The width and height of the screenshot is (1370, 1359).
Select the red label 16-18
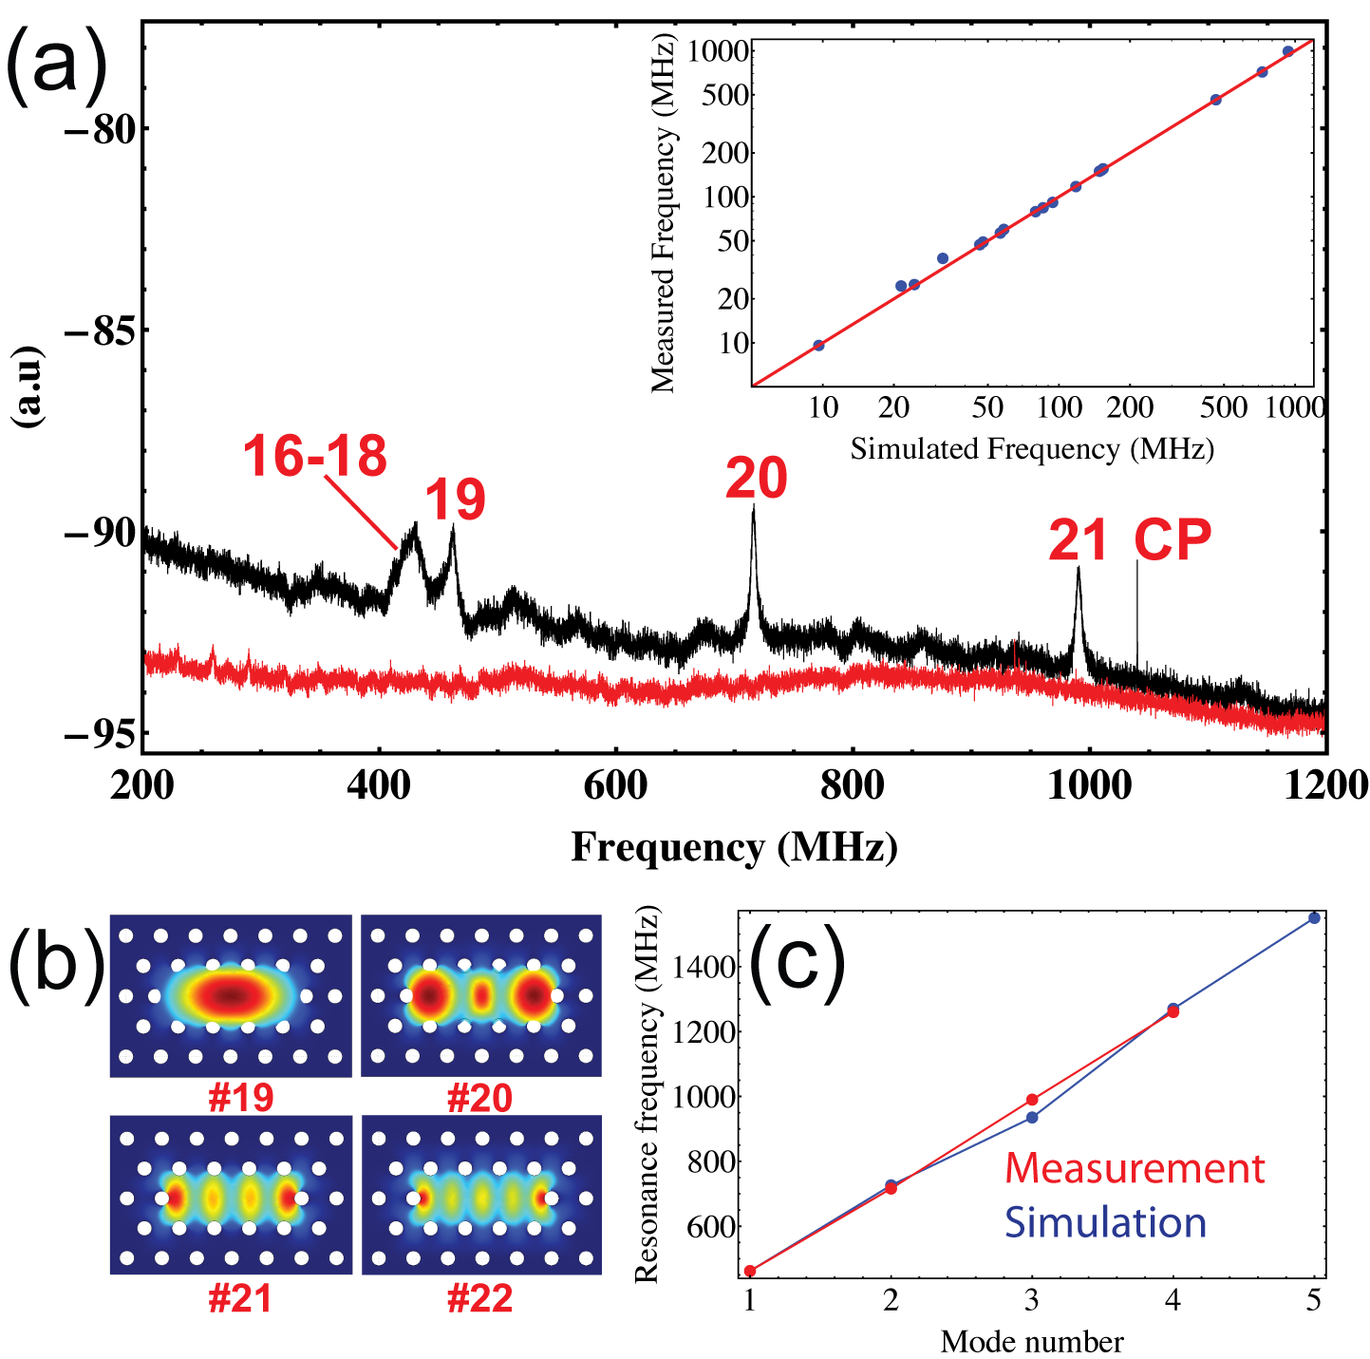point(315,456)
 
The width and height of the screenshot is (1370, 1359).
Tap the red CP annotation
point(1173,540)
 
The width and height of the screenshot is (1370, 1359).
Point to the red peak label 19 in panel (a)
point(455,500)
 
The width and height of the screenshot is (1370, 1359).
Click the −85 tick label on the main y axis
point(95,330)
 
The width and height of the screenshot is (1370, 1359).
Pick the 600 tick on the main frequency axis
point(615,786)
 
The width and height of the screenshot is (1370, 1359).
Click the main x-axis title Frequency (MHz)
point(734,846)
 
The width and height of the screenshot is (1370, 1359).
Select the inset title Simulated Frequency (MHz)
point(1032,448)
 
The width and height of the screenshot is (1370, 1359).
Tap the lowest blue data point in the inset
point(818,346)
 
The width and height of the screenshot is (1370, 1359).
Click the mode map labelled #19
point(231,996)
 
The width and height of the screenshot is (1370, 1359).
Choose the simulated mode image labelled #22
point(481,1195)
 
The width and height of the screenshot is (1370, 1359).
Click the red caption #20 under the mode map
point(479,1099)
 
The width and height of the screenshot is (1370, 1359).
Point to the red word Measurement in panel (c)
point(1135,1168)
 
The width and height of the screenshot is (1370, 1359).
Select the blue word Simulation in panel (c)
point(1105,1222)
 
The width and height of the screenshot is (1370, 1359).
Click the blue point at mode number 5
point(1314,917)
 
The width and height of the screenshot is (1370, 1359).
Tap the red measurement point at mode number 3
point(1032,1100)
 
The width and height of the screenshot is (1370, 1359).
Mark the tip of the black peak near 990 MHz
point(1079,568)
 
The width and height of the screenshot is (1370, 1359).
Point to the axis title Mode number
point(1032,1341)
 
